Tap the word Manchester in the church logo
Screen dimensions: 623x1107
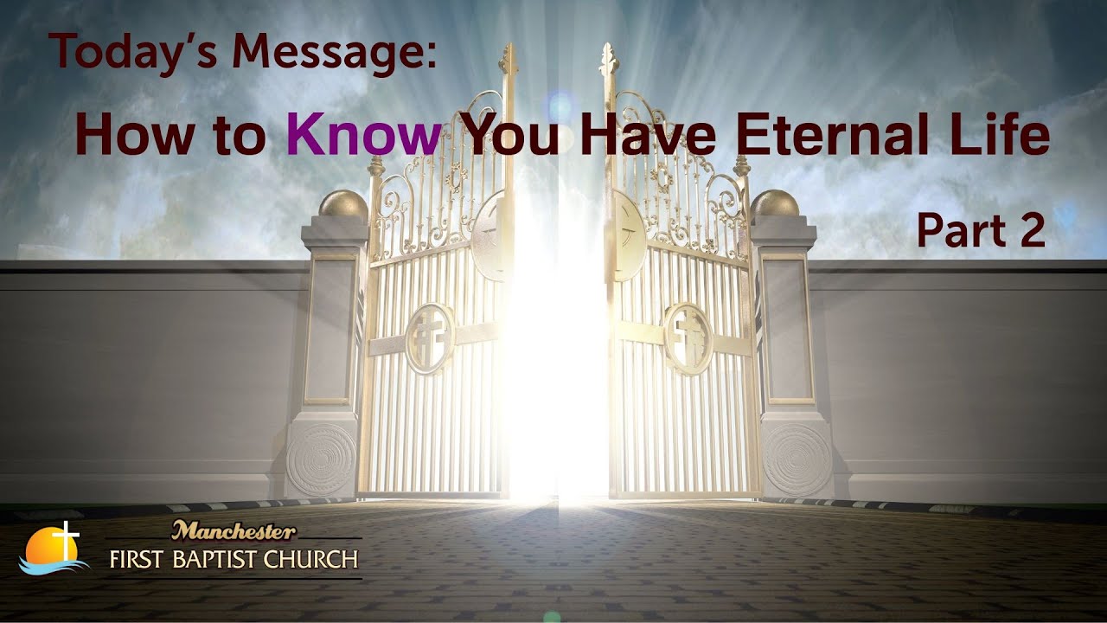click(234, 530)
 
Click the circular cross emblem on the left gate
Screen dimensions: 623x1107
click(431, 337)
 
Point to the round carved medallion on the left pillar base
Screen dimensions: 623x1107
click(320, 459)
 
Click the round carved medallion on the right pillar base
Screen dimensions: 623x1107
click(797, 459)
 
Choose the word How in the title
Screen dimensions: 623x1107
click(130, 136)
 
